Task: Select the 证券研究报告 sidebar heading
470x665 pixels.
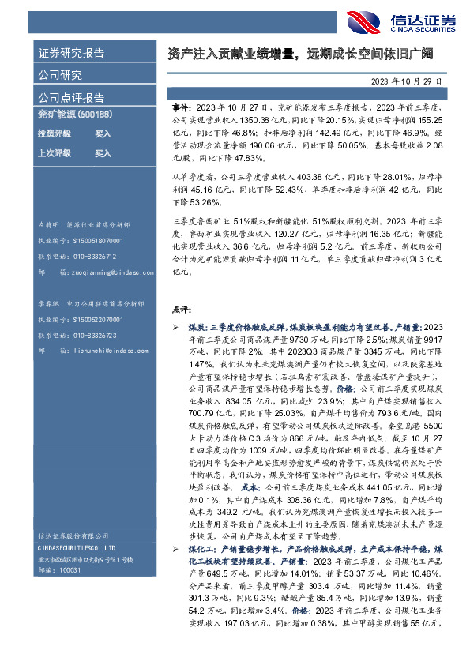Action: (x=72, y=54)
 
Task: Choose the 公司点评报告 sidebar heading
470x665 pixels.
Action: (x=72, y=98)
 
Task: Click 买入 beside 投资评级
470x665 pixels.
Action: (x=103, y=134)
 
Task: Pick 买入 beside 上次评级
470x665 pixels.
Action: (x=103, y=153)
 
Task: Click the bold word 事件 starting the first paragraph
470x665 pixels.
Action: (x=181, y=106)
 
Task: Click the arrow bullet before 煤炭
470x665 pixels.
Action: (x=176, y=326)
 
